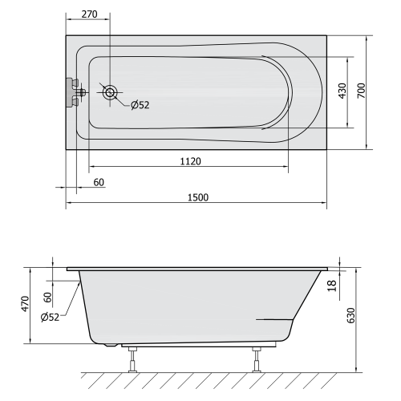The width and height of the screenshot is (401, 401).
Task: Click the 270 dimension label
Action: [x=88, y=14]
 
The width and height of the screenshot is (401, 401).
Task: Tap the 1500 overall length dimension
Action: [x=196, y=198]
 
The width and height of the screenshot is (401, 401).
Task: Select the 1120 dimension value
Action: [x=189, y=161]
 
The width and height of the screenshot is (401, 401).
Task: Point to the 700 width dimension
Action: [x=361, y=91]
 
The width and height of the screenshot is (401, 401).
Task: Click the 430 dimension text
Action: [x=342, y=91]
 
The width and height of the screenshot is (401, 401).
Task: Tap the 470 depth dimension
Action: [x=26, y=303]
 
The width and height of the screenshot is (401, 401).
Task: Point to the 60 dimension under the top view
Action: [x=99, y=182]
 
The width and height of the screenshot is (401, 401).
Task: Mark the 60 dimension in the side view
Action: [x=47, y=296]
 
